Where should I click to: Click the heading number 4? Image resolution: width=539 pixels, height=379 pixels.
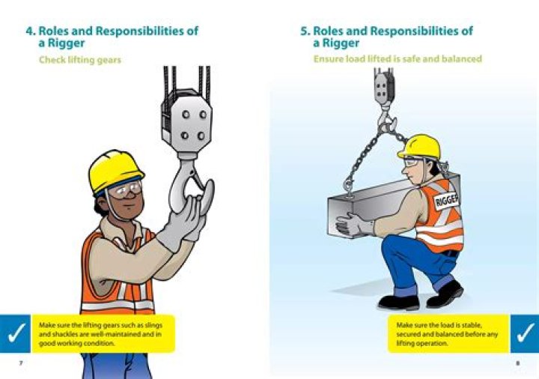[30, 31]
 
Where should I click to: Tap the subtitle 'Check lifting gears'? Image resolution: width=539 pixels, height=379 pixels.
[80, 60]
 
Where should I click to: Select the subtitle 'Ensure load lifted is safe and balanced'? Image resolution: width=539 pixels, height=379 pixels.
[398, 59]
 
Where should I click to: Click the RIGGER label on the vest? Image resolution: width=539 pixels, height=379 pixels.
[446, 200]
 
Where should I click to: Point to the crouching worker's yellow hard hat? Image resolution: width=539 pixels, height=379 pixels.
[420, 147]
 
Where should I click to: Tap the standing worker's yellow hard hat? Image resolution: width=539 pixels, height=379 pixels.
[115, 171]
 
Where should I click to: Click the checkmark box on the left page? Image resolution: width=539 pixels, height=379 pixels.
[15, 333]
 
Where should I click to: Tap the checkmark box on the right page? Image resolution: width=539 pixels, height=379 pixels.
[525, 333]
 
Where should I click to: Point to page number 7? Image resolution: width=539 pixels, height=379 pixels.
[21, 363]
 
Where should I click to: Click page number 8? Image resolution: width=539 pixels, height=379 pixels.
[518, 363]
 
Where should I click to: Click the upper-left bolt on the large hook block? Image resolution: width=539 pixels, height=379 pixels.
[186, 114]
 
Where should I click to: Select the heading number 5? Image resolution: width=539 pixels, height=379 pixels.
[305, 31]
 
